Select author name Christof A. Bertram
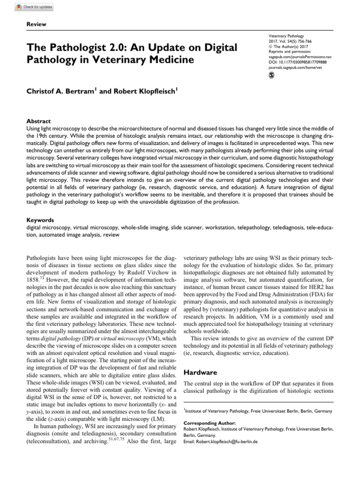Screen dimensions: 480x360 pos(61,92)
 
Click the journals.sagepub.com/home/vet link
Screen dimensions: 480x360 pos(295,67)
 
